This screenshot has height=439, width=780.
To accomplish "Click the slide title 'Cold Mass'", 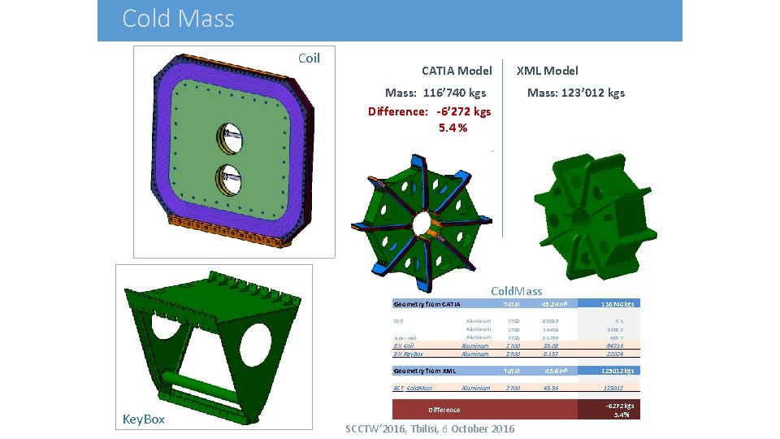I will [178, 19].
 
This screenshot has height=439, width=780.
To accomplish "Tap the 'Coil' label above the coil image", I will [309, 58].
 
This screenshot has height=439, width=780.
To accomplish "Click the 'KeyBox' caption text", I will [143, 419].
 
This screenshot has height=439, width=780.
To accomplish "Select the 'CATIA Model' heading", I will [457, 71].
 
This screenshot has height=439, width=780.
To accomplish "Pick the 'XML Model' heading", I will [548, 71].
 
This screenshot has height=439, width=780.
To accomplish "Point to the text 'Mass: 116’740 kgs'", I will [435, 93].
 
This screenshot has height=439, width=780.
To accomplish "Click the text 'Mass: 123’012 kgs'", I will [575, 93].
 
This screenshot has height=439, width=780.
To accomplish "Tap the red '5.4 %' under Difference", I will [453, 128].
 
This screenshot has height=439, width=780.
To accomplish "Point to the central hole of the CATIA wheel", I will [422, 223].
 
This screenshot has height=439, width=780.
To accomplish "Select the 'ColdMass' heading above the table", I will [516, 291].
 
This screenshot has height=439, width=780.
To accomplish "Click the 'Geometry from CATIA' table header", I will [427, 304].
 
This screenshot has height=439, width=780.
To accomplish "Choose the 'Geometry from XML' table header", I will [423, 371].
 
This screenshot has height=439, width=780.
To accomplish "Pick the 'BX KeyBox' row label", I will [409, 354].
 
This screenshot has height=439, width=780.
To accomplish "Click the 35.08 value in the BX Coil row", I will [550, 346].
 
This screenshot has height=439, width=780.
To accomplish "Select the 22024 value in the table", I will [614, 354].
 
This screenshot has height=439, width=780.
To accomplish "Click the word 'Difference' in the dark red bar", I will [444, 410].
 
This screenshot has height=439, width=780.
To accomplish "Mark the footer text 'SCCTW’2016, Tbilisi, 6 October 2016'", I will [430, 428].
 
